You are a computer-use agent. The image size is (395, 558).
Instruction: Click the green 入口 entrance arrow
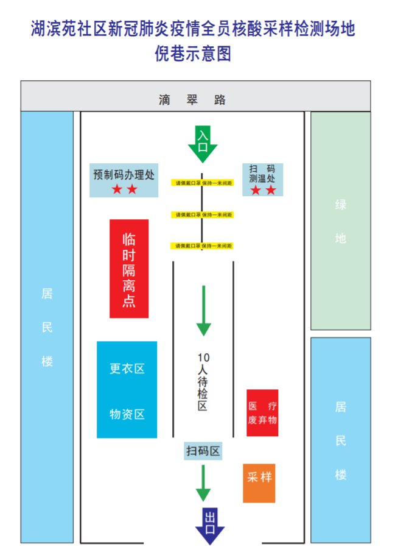tap(203, 144)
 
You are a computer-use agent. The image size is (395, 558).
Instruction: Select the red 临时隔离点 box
tap(129, 269)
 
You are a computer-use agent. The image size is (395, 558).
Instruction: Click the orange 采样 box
tap(259, 483)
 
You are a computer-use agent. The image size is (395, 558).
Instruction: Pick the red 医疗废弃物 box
tap(262, 413)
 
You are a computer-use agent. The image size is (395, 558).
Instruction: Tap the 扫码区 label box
tap(203, 451)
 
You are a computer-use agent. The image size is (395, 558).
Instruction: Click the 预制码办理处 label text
tap(124, 174)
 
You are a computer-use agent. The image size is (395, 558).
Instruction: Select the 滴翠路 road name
tap(193, 100)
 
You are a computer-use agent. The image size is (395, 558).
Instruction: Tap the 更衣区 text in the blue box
tap(127, 369)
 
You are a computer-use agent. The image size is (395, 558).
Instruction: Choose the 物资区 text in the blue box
tap(127, 414)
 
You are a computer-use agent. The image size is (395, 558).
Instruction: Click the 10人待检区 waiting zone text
tap(203, 381)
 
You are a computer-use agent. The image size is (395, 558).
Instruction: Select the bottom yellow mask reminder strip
tap(203, 245)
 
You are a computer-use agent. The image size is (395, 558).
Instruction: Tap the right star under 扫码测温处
tap(271, 191)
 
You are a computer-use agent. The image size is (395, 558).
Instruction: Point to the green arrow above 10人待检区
tap(203, 311)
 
